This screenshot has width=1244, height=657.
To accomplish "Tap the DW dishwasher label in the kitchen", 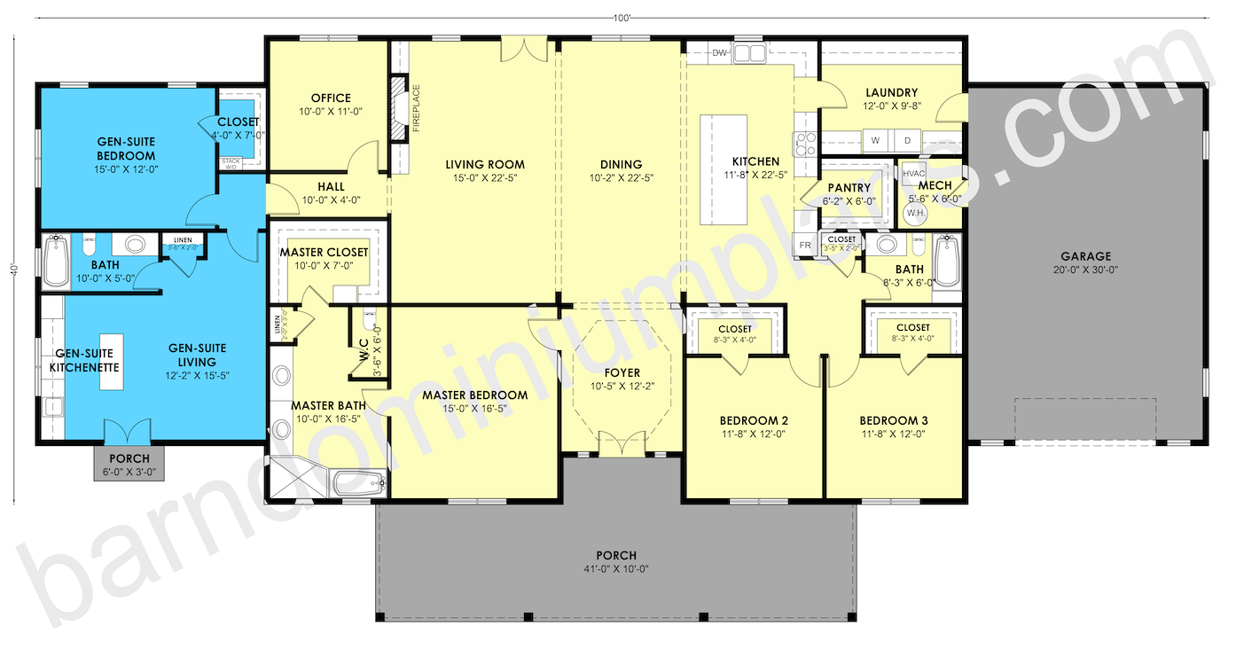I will (720, 53).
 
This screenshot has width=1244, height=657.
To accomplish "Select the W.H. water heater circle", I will (915, 213).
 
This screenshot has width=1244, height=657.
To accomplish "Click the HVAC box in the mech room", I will (914, 174).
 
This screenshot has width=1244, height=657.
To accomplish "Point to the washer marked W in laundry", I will (875, 141).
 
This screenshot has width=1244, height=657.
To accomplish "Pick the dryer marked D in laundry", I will (907, 141).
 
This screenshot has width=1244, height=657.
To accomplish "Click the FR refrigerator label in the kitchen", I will (805, 245).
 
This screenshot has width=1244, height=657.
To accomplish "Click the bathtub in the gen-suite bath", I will (56, 262).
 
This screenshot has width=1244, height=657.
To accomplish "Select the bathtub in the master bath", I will (359, 484).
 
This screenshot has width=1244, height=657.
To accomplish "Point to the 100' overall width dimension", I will (621, 17).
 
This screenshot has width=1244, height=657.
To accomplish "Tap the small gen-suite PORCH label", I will (123, 458).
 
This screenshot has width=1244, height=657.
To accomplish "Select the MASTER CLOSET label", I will (324, 253).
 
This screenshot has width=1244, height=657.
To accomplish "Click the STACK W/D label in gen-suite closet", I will (231, 163).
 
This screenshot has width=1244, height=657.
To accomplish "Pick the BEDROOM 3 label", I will (893, 420).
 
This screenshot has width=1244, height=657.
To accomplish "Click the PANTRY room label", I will (849, 188).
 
